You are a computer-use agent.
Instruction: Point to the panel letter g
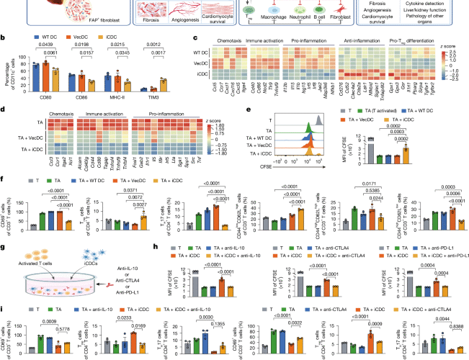[x=4, y=225]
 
